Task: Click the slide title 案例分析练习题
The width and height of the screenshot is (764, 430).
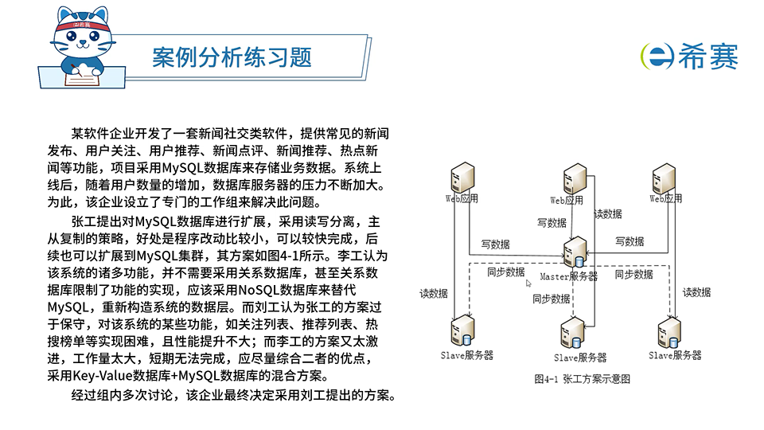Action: click(x=232, y=57)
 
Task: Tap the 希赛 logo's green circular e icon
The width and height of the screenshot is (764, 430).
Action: click(x=657, y=55)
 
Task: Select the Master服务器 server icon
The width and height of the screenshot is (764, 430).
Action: click(x=575, y=253)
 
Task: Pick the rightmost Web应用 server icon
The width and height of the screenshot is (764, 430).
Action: click(x=664, y=177)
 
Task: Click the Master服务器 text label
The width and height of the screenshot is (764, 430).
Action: click(x=568, y=276)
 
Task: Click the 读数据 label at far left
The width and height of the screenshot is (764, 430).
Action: click(x=434, y=293)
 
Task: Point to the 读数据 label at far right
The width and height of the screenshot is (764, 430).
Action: click(x=697, y=292)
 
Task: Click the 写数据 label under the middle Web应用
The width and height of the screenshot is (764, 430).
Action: click(x=552, y=223)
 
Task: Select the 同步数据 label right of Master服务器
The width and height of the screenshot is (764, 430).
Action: click(x=633, y=275)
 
